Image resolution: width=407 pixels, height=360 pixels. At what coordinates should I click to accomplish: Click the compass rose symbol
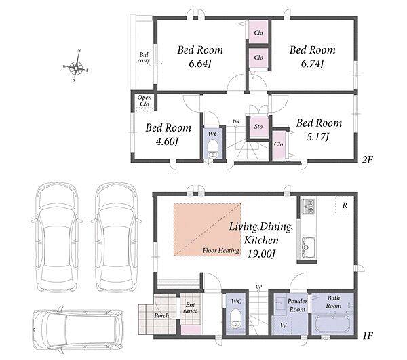coord(76,66)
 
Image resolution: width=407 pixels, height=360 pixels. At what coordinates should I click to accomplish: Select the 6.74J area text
coord(312,63)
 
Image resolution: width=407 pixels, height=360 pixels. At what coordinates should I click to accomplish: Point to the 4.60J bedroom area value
coord(167,142)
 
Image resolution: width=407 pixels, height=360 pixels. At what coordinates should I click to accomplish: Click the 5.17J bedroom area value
coord(317,137)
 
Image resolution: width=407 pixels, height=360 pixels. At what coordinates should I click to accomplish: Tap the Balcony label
coord(144,58)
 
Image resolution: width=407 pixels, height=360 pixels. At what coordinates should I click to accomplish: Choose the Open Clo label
coord(144,101)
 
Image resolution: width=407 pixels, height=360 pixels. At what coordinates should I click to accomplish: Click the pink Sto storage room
coord(258,127)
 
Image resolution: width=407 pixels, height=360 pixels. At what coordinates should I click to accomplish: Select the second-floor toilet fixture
coord(213,149)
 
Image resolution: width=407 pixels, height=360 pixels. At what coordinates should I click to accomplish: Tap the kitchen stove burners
coord(308,206)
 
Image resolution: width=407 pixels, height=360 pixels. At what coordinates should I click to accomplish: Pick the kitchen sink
coord(309,247)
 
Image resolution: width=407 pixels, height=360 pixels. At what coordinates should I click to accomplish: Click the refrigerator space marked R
coord(345,205)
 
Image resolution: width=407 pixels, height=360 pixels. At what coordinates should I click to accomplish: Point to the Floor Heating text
coord(221,251)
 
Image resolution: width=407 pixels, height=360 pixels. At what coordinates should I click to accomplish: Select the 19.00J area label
coord(260,254)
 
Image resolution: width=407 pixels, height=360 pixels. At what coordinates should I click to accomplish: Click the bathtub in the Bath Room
coord(332,323)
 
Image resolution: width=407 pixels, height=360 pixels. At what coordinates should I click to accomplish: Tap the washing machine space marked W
coord(282,325)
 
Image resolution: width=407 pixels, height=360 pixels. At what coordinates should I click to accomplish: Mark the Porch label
coord(161,316)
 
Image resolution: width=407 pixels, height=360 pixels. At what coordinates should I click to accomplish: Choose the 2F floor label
coord(367,159)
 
